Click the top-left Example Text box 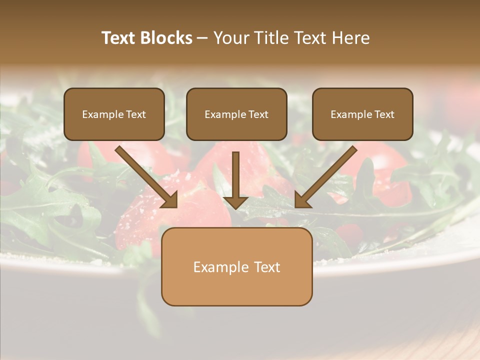[114, 114]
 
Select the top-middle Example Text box [236, 114]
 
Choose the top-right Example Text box [362, 114]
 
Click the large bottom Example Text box [236, 267]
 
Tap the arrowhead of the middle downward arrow [235, 202]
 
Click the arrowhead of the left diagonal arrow [170, 200]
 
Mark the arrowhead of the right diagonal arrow [302, 200]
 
